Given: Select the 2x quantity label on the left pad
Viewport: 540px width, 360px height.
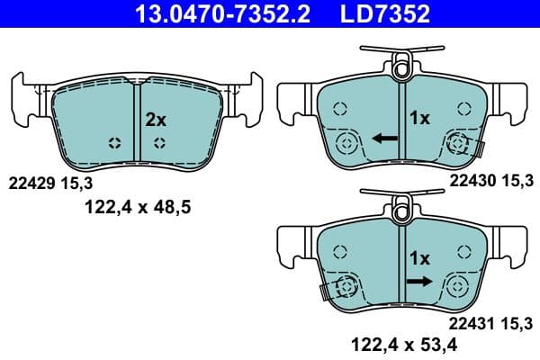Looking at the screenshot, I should pyautogui.click(x=156, y=119).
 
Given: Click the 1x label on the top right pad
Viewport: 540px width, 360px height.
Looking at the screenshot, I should pyautogui.click(x=420, y=118).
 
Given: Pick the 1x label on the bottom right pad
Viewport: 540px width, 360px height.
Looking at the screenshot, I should pyautogui.click(x=420, y=258).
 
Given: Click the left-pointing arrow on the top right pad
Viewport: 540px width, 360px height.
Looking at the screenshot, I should pyautogui.click(x=386, y=139).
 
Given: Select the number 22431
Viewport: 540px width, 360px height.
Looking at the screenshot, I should pyautogui.click(x=469, y=322).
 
